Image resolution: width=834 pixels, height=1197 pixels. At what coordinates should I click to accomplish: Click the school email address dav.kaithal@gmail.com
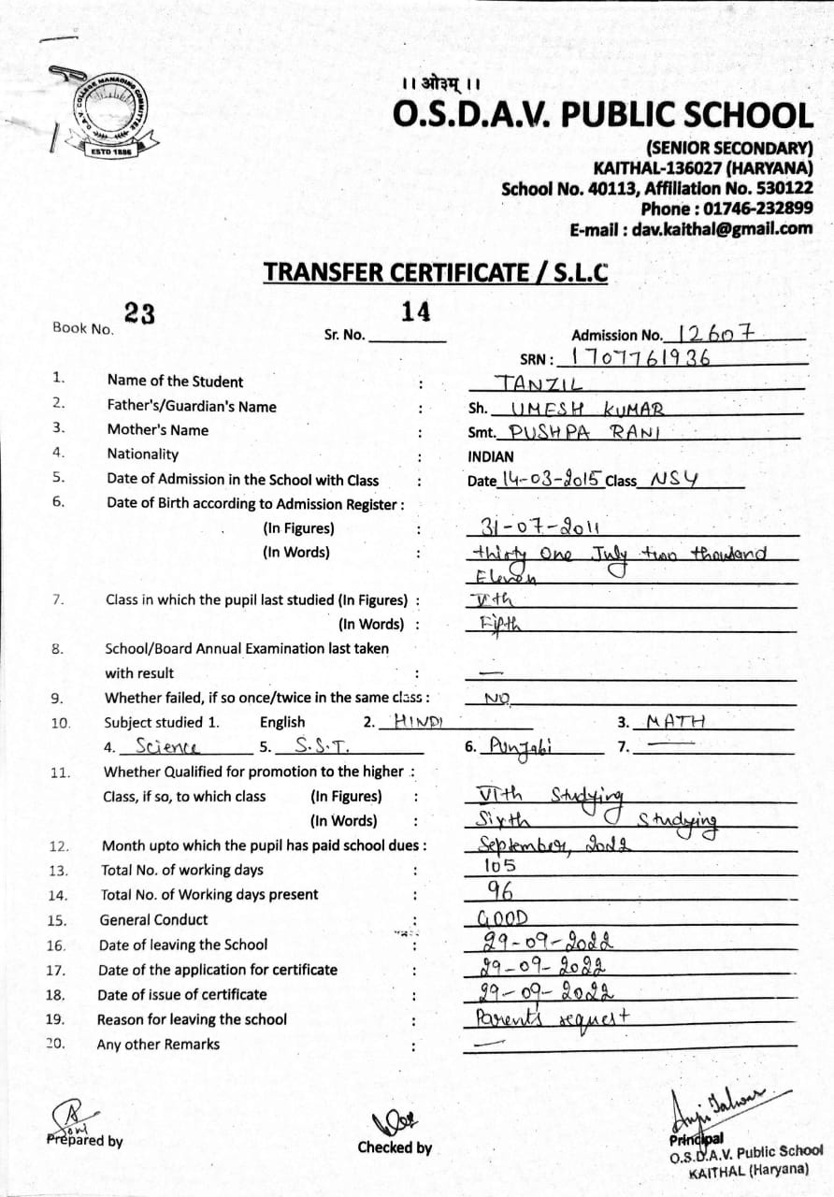point(722,229)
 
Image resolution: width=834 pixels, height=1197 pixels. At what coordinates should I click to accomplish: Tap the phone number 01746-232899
point(758,209)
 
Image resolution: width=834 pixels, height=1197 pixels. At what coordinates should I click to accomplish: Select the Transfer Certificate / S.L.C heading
point(435,272)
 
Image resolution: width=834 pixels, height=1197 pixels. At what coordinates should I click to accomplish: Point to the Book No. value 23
point(139,315)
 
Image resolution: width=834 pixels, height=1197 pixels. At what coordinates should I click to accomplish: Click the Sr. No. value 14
point(415,312)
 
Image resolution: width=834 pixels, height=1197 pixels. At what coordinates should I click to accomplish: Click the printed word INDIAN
point(491,457)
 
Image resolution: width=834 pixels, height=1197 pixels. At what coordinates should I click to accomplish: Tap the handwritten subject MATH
point(676,721)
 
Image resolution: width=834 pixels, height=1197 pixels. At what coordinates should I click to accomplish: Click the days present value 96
point(501,890)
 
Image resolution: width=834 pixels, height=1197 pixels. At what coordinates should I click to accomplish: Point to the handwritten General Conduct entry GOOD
point(503,917)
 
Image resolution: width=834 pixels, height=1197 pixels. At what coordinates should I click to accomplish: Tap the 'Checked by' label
point(395,1147)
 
